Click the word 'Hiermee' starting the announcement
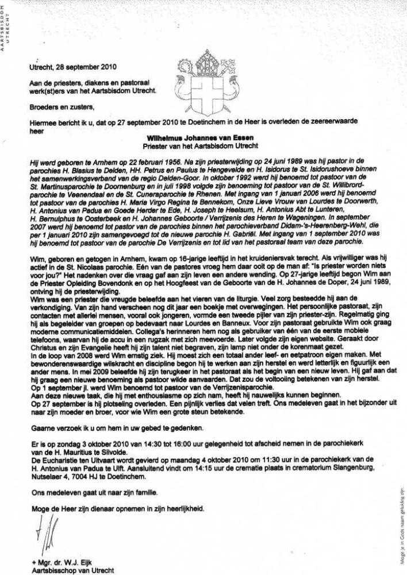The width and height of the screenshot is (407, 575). [43, 123]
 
